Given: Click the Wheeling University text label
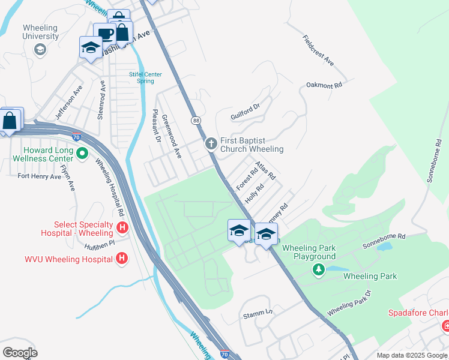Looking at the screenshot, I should point(40,32).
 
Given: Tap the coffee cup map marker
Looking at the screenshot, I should point(104,34).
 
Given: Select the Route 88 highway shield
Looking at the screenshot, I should point(196,121).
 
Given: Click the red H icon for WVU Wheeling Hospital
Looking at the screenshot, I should point(122,259).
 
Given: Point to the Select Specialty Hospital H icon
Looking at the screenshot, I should point(122,227).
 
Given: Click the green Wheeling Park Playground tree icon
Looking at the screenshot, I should point(318,270).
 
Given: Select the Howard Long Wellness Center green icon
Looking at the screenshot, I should point(83,154).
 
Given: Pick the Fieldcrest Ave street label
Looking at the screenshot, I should point(319,51).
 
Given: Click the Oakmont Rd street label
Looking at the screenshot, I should point(324,86).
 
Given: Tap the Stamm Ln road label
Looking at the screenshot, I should point(258,313).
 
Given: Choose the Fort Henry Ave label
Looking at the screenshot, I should point(40,176).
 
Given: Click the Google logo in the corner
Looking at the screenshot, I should point(20,353).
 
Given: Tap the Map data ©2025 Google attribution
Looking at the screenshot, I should point(411,355).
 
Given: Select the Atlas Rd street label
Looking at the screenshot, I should point(265,170).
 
